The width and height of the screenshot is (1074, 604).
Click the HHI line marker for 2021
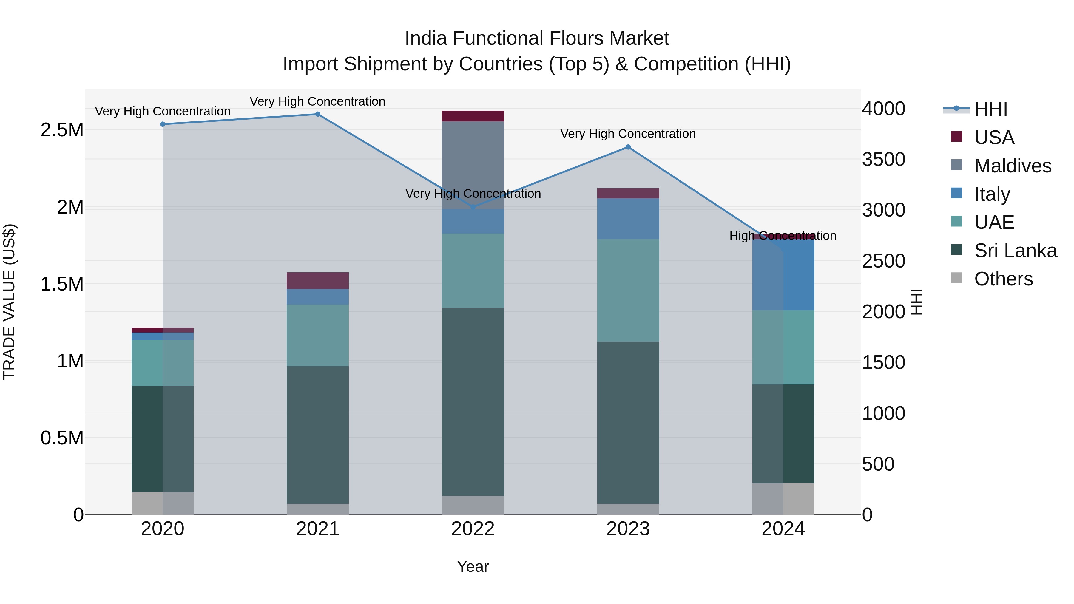(317, 114)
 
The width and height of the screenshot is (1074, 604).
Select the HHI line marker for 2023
(628, 147)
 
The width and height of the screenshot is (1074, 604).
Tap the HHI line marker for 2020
(163, 124)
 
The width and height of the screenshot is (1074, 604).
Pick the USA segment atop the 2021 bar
(317, 281)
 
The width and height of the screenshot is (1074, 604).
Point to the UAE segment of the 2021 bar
(317, 335)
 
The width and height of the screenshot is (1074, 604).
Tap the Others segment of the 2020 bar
(163, 503)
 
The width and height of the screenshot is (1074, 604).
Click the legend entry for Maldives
(1012, 166)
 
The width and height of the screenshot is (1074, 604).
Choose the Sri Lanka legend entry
(1015, 251)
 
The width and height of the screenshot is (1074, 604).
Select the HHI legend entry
(990, 109)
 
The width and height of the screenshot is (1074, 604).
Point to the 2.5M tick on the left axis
(62, 130)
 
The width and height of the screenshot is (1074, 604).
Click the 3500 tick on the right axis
(883, 159)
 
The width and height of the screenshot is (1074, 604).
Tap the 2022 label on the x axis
(473, 529)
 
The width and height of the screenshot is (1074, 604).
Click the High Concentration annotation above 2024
(783, 236)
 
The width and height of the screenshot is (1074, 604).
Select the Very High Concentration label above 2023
(628, 134)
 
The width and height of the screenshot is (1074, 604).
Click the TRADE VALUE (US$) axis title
(9, 302)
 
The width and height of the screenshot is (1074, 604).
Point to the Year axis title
(473, 566)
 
